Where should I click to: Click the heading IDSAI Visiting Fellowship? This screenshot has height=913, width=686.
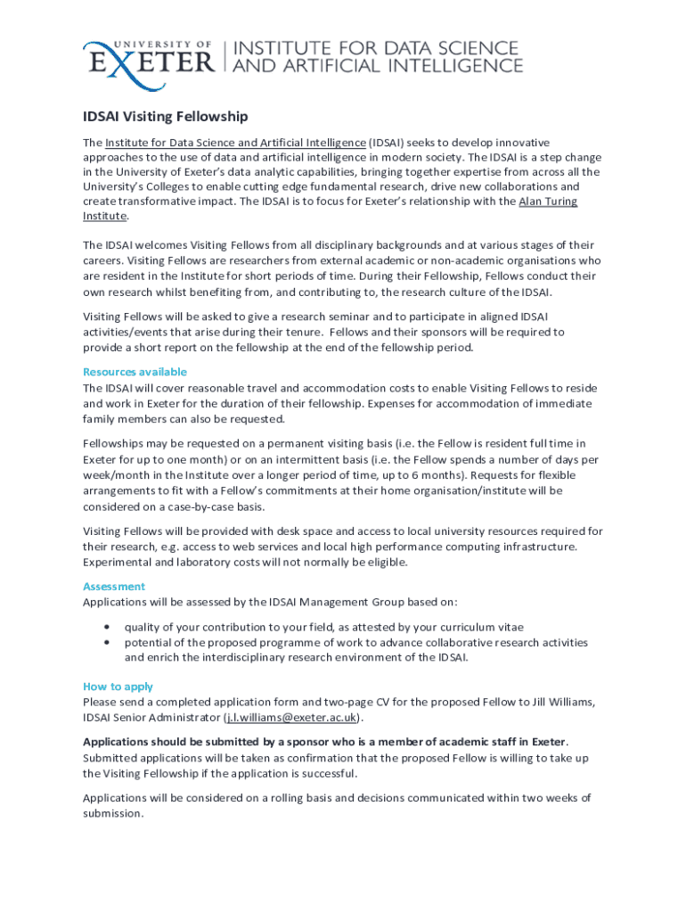165,117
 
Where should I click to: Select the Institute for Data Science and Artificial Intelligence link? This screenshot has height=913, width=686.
236,143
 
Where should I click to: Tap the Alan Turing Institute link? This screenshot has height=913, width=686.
547,202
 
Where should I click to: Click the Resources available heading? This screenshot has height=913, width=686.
135,372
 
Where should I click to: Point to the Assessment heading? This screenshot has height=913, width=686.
114,587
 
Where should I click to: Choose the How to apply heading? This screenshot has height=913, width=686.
118,687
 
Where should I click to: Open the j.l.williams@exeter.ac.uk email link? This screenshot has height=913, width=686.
292,717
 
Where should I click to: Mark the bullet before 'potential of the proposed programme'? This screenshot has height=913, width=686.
107,642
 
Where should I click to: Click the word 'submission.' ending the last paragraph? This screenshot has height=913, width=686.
113,813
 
